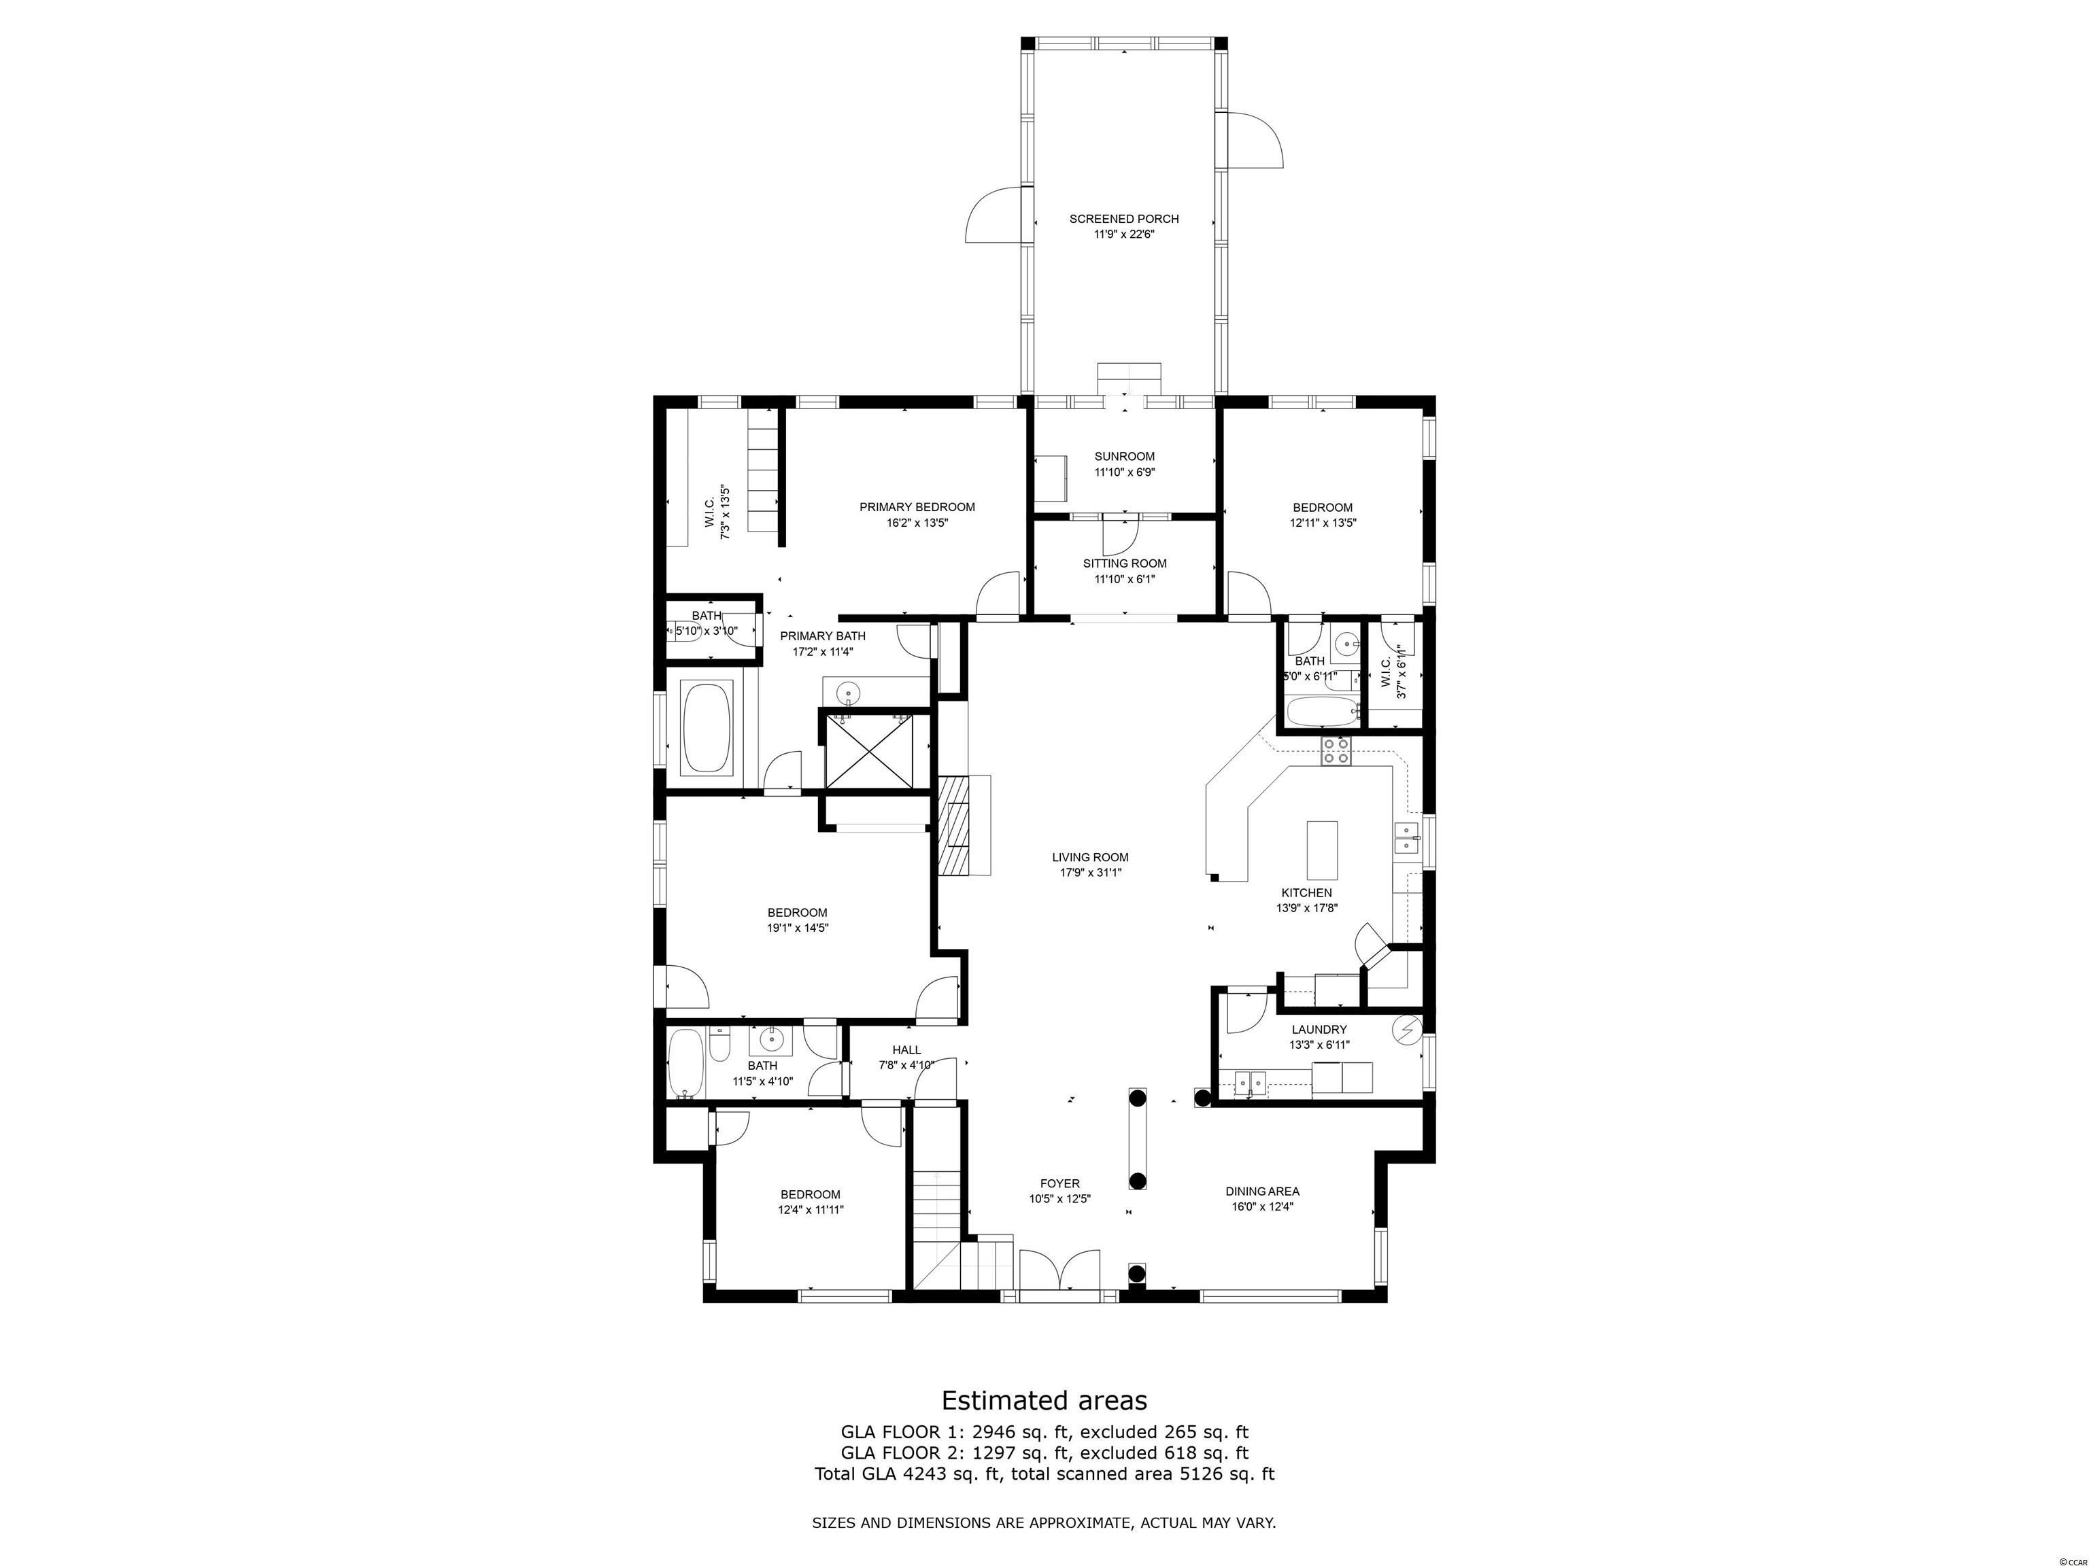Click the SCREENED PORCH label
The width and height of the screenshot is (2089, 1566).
[1124, 219]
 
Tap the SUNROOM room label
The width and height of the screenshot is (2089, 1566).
[1124, 457]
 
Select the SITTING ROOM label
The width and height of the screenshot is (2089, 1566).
[1125, 563]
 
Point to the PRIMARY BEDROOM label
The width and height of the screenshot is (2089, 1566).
[917, 507]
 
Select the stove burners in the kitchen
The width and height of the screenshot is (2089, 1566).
[1336, 750]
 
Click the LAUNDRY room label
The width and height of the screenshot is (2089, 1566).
[1319, 1030]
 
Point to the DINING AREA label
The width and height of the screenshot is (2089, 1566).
[1263, 1191]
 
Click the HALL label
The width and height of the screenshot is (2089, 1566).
[906, 1049]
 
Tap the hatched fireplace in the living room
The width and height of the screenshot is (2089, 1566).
[954, 826]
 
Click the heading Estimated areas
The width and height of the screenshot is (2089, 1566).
[1044, 1400]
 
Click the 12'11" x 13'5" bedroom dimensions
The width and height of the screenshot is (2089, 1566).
[1323, 523]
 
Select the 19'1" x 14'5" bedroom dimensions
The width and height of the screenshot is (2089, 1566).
[798, 928]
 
